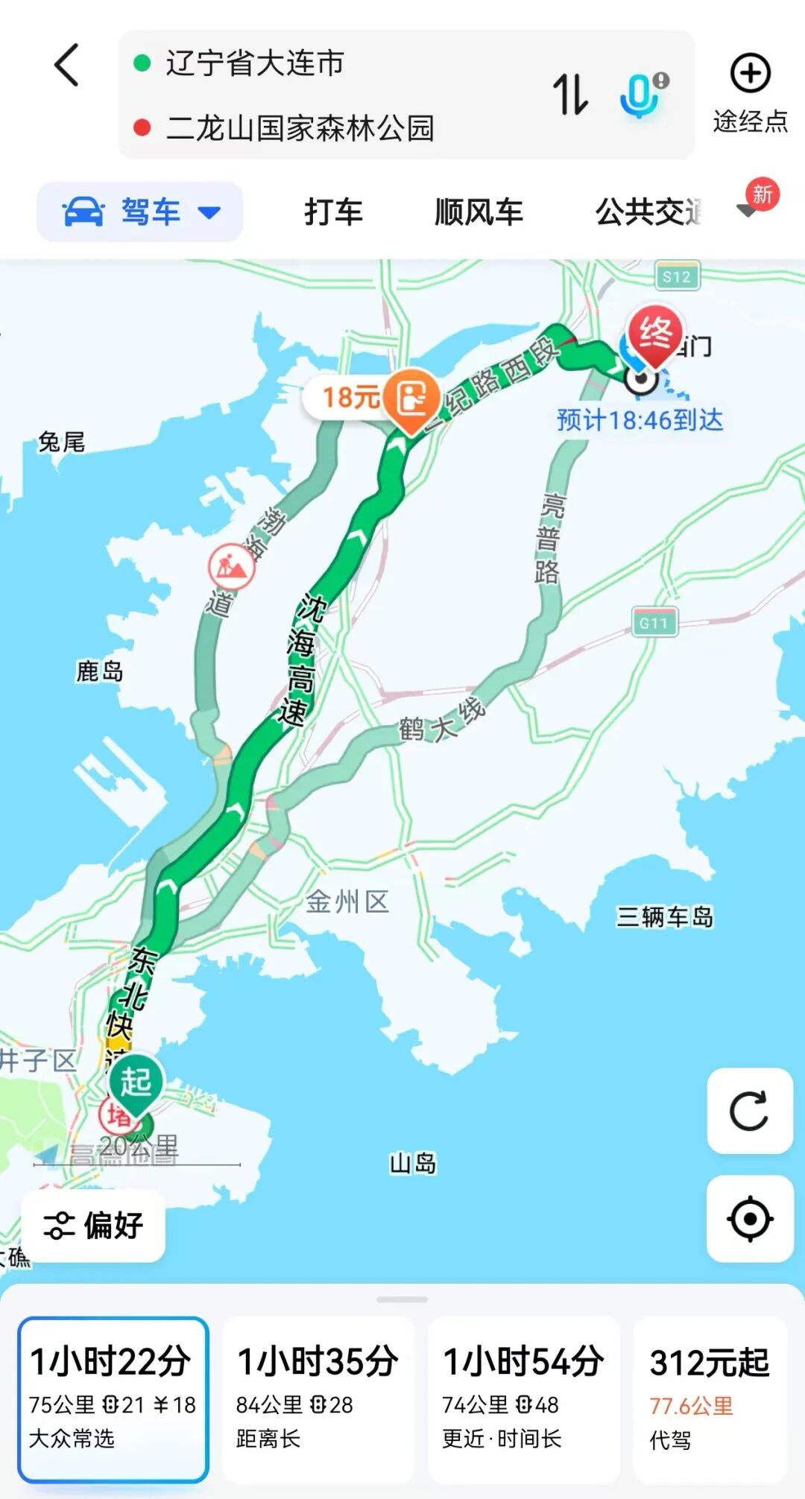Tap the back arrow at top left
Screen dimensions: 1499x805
click(x=67, y=65)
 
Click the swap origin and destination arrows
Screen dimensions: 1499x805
click(x=570, y=95)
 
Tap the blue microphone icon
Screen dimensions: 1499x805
click(x=639, y=95)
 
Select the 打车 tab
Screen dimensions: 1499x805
click(x=333, y=212)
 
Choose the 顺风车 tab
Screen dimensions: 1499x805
click(x=479, y=212)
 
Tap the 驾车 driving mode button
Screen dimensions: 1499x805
click(x=140, y=212)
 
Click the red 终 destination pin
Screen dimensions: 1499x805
click(x=654, y=335)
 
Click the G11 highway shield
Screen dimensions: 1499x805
click(x=654, y=623)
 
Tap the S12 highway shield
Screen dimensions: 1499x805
click(x=677, y=276)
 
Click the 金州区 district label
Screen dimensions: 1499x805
click(x=347, y=902)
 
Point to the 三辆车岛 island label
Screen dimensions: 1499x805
click(x=664, y=916)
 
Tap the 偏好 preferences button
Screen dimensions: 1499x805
click(x=94, y=1226)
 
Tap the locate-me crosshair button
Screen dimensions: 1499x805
click(x=749, y=1219)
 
